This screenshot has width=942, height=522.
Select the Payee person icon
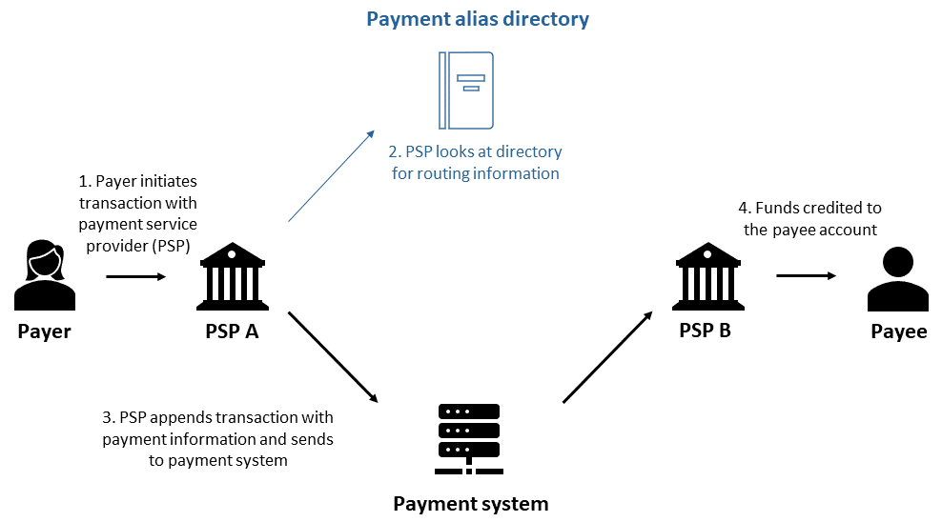[897, 280]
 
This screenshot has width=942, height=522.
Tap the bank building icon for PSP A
[231, 277]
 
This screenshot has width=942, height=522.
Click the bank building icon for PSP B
[706, 277]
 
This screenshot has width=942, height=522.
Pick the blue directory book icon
[465, 90]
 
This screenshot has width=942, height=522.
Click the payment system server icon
[469, 439]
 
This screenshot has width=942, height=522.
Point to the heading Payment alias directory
[478, 19]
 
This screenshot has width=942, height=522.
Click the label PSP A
[231, 331]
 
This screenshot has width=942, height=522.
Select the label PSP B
[705, 331]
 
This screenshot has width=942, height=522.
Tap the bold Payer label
[44, 331]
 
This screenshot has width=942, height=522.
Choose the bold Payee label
[898, 331]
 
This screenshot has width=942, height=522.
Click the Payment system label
[471, 503]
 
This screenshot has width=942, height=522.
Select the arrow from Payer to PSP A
[136, 276]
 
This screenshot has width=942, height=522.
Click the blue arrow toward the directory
[332, 176]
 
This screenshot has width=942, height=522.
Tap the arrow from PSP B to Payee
[806, 276]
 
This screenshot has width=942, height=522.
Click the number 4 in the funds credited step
[744, 208]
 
